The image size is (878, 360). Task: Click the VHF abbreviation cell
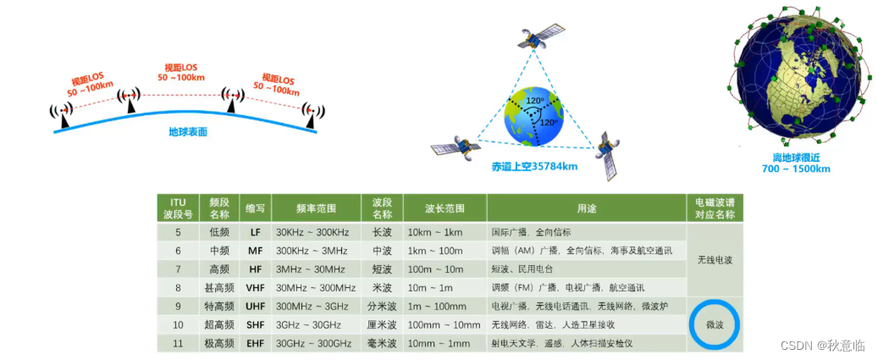point(256,288)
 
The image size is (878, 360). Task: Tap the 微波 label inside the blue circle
point(715,324)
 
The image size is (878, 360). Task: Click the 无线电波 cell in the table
point(715,260)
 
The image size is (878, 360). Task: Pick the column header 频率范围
point(317,208)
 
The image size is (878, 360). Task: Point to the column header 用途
point(586,208)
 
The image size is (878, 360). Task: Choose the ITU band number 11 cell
point(178,343)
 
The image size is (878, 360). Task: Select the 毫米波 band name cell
point(380,343)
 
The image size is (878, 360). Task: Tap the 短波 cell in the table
point(380,269)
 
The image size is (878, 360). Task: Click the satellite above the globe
point(540,36)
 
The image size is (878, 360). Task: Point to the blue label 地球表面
point(188,132)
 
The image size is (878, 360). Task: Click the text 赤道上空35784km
point(534,166)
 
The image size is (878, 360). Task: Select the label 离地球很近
point(795,158)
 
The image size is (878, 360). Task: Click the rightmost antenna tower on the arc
point(312,115)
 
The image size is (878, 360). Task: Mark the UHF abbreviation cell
point(256,307)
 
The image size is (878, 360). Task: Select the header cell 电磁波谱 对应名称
point(715,208)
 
